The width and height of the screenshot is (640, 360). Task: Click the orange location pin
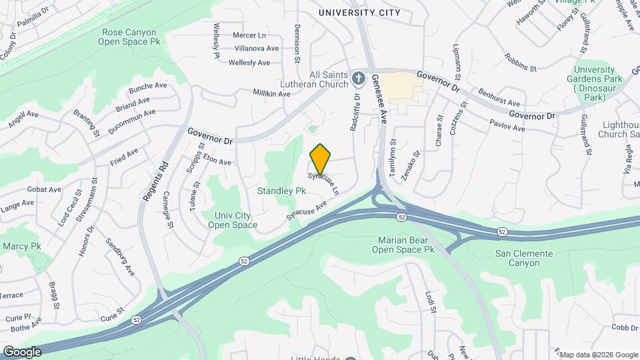pos(321,158)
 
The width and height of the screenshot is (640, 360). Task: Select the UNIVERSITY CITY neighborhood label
pos(359,13)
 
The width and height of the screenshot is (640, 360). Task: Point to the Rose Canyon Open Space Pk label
pos(129,37)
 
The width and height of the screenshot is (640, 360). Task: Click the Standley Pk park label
pos(281,191)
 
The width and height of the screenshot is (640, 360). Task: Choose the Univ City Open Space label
pos(232,220)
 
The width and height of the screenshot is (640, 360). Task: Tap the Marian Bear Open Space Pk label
pos(406,245)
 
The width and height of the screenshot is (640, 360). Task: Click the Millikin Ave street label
pos(271,94)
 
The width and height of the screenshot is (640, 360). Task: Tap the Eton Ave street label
pos(217,161)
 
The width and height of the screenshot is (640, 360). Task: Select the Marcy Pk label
pos(22,246)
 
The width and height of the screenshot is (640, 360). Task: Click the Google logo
pos(21,351)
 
